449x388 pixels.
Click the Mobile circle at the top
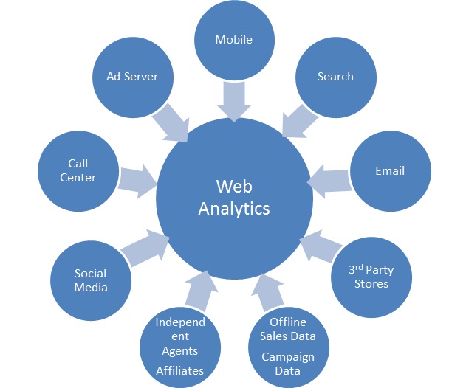point(233,41)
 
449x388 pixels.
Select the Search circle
point(335,77)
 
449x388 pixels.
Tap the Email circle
point(388,172)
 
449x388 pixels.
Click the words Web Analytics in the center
point(234,197)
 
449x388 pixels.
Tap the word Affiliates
point(179,370)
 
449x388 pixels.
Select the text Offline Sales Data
point(287,330)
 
